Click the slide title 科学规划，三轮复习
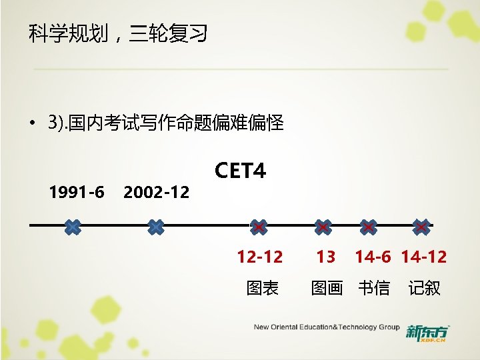point(118,33)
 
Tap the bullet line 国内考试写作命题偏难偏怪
point(165,123)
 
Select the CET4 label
point(240,171)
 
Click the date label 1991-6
point(77,193)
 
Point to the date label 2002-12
point(157,193)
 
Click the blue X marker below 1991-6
point(73,227)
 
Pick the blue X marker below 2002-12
point(155,227)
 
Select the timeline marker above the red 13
point(323,227)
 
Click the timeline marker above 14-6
point(368,227)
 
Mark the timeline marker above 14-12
point(421,227)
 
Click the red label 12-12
point(260,257)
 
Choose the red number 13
point(326,257)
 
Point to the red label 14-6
point(373,257)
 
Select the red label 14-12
point(424,257)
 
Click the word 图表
point(263,288)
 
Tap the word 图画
point(327,288)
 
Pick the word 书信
point(374,288)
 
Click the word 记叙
point(425,288)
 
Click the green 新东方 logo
point(428,332)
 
